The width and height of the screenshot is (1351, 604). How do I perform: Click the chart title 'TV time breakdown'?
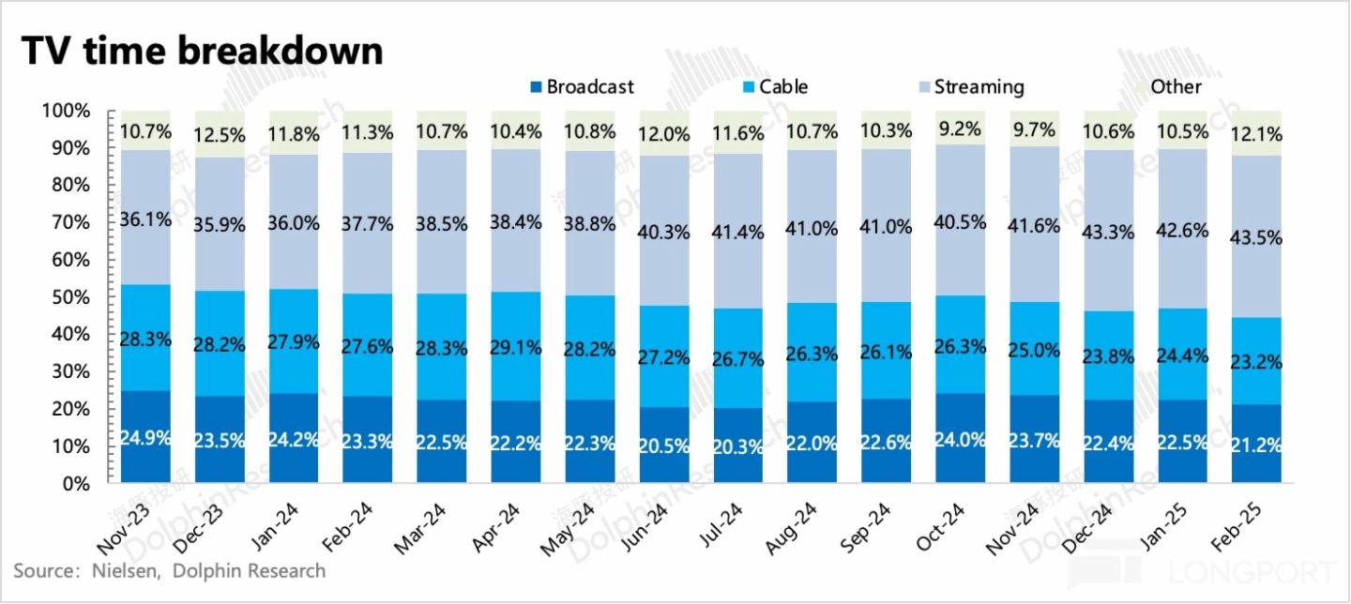pyautogui.click(x=202, y=50)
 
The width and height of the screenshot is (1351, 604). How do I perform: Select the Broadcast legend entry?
pyautogui.click(x=583, y=87)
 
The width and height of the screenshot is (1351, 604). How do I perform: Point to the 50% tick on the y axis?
pyautogui.click(x=67, y=297)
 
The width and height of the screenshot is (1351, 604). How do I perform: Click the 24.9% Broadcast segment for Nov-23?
pyautogui.click(x=145, y=437)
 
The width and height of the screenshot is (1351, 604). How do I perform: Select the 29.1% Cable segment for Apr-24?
pyautogui.click(x=516, y=346)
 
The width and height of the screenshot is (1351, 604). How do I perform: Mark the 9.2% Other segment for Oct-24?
pyautogui.click(x=962, y=128)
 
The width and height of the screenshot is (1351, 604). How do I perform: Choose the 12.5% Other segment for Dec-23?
pyautogui.click(x=220, y=134)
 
